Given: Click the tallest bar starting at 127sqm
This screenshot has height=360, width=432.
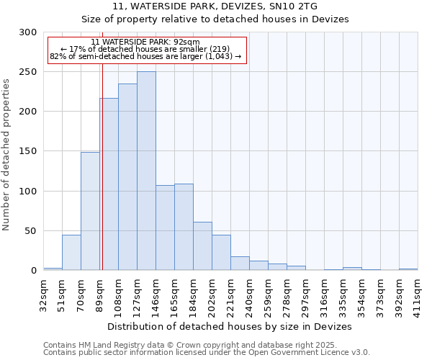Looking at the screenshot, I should tap(146, 171).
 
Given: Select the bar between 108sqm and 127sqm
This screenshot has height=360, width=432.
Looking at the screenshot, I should tap(127, 177).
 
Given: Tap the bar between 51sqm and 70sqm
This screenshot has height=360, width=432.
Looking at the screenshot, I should tap(71, 253).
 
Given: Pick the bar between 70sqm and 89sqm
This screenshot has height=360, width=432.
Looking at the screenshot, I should tap(90, 211).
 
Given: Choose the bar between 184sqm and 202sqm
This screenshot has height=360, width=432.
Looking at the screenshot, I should tap(202, 246).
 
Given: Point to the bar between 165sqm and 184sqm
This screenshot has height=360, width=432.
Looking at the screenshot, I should tap(184, 227).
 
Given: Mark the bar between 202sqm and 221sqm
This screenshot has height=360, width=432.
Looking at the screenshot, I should tap(221, 253).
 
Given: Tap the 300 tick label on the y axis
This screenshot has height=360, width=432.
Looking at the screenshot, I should tap(28, 32).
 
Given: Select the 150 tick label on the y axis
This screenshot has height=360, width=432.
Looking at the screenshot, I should tap(28, 151).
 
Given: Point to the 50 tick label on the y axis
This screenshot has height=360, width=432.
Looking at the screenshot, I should tap(31, 231).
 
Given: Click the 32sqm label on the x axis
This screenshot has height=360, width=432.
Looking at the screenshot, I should tap(43, 294).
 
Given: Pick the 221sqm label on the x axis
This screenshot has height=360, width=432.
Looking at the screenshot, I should tap(230, 295).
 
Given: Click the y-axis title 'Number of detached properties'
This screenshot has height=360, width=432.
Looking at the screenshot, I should tap(7, 155).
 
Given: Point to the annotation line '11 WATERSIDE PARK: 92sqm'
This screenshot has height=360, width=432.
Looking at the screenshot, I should tap(145, 42).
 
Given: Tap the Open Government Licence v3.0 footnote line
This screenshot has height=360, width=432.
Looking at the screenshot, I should tap(207, 353).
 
